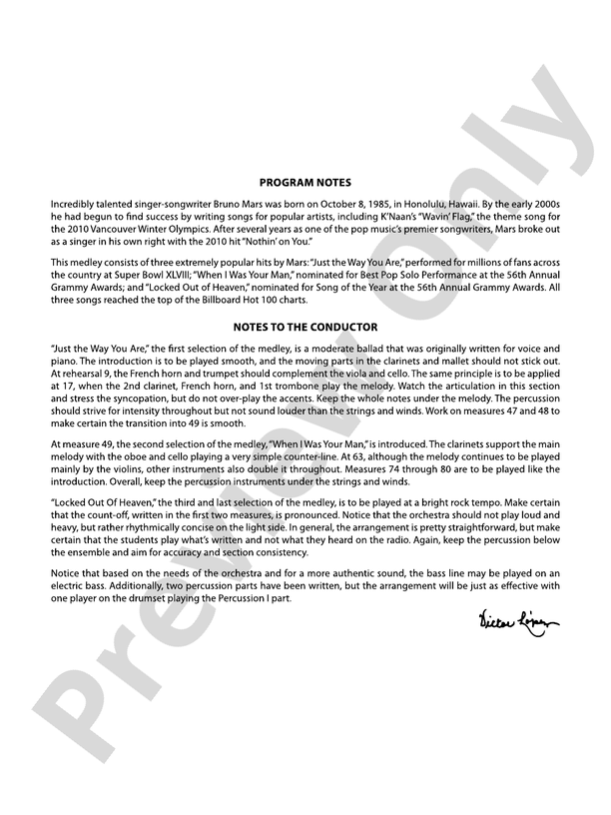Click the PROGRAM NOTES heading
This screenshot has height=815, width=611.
305,183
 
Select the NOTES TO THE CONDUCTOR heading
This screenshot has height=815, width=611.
305,326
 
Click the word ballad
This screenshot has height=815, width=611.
327,346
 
